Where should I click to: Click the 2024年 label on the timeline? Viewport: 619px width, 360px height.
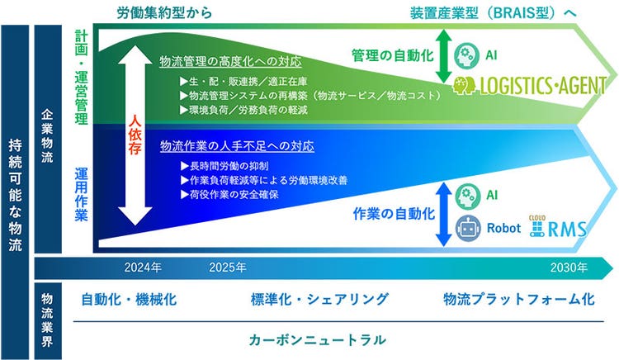(x=143, y=268)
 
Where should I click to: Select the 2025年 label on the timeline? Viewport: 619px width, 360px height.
(x=228, y=268)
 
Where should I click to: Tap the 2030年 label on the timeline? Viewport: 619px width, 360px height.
(x=569, y=268)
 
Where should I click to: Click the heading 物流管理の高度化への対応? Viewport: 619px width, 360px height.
(x=230, y=62)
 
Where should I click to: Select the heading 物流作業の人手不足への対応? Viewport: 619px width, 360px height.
(x=237, y=146)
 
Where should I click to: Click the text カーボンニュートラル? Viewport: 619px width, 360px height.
(x=318, y=339)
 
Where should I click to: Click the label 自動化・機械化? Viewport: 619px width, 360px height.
(x=128, y=299)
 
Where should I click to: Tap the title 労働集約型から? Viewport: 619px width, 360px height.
(x=166, y=12)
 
